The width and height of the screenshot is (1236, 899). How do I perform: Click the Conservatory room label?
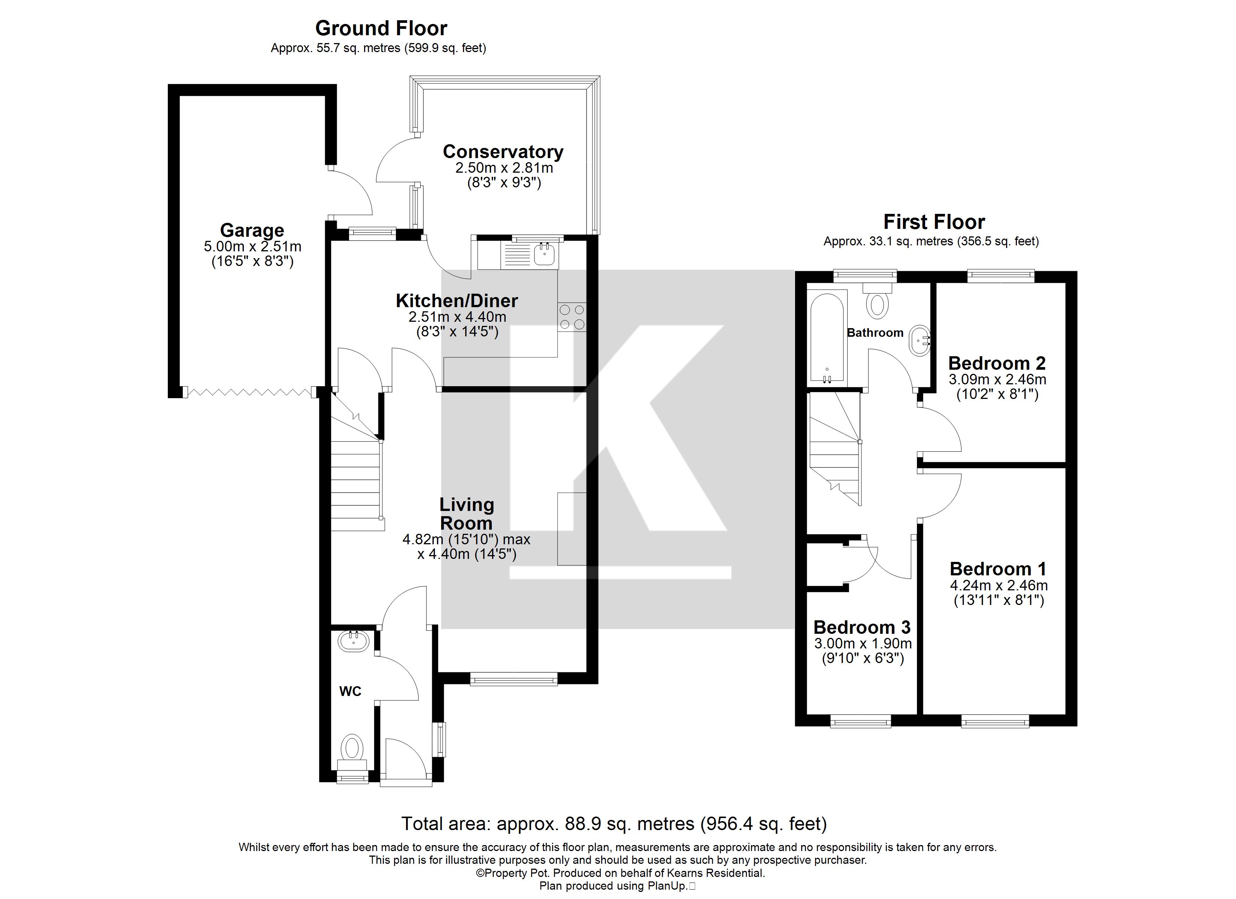click(503, 152)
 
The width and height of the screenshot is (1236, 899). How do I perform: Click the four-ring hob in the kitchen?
click(572, 317)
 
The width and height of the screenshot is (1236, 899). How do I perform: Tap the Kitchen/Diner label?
click(457, 301)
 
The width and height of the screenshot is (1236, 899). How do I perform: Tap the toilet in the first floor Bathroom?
click(877, 302)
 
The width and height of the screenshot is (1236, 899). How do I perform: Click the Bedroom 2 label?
click(997, 363)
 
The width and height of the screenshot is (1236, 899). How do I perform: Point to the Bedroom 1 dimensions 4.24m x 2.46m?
click(999, 585)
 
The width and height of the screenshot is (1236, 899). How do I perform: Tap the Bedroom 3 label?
click(861, 627)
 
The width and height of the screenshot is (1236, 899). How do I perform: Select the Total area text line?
click(614, 824)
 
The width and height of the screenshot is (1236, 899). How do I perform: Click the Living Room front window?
click(514, 679)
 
